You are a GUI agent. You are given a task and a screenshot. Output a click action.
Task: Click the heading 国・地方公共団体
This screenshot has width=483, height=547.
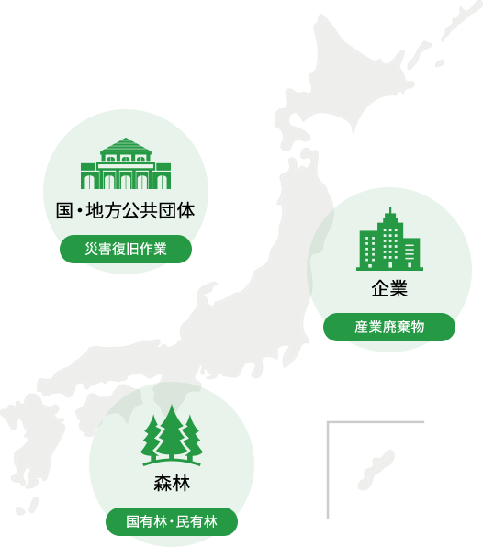pyautogui.click(x=125, y=211)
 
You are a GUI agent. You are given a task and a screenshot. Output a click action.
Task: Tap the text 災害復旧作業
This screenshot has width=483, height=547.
pyautogui.click(x=125, y=249)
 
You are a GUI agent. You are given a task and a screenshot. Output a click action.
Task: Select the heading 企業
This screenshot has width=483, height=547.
pyautogui.click(x=388, y=288)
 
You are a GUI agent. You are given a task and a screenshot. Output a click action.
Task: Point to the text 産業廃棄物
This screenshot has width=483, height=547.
pyautogui.click(x=388, y=327)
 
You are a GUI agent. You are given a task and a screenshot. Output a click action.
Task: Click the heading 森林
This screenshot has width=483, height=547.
pyautogui.click(x=171, y=484)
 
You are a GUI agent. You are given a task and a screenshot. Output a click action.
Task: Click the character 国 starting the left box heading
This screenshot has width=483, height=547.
pyautogui.click(x=64, y=211)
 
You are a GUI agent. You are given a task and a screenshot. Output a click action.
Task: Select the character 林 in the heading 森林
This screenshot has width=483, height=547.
pyautogui.click(x=181, y=484)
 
